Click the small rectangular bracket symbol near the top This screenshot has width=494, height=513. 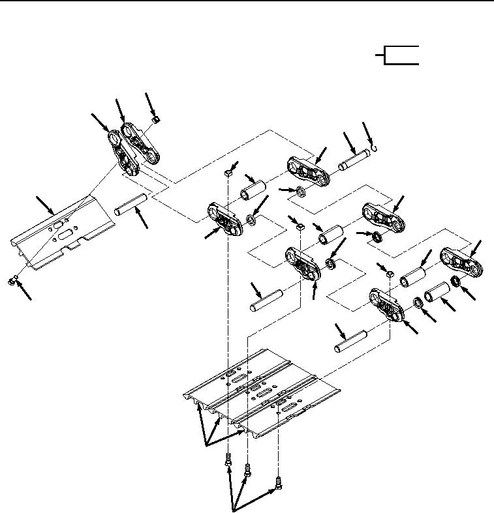[399, 56]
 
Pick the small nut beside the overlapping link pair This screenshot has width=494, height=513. [155, 120]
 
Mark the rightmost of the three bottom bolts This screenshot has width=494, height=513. [279, 483]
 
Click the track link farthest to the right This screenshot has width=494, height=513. [463, 260]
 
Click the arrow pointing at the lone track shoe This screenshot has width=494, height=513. [45, 204]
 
